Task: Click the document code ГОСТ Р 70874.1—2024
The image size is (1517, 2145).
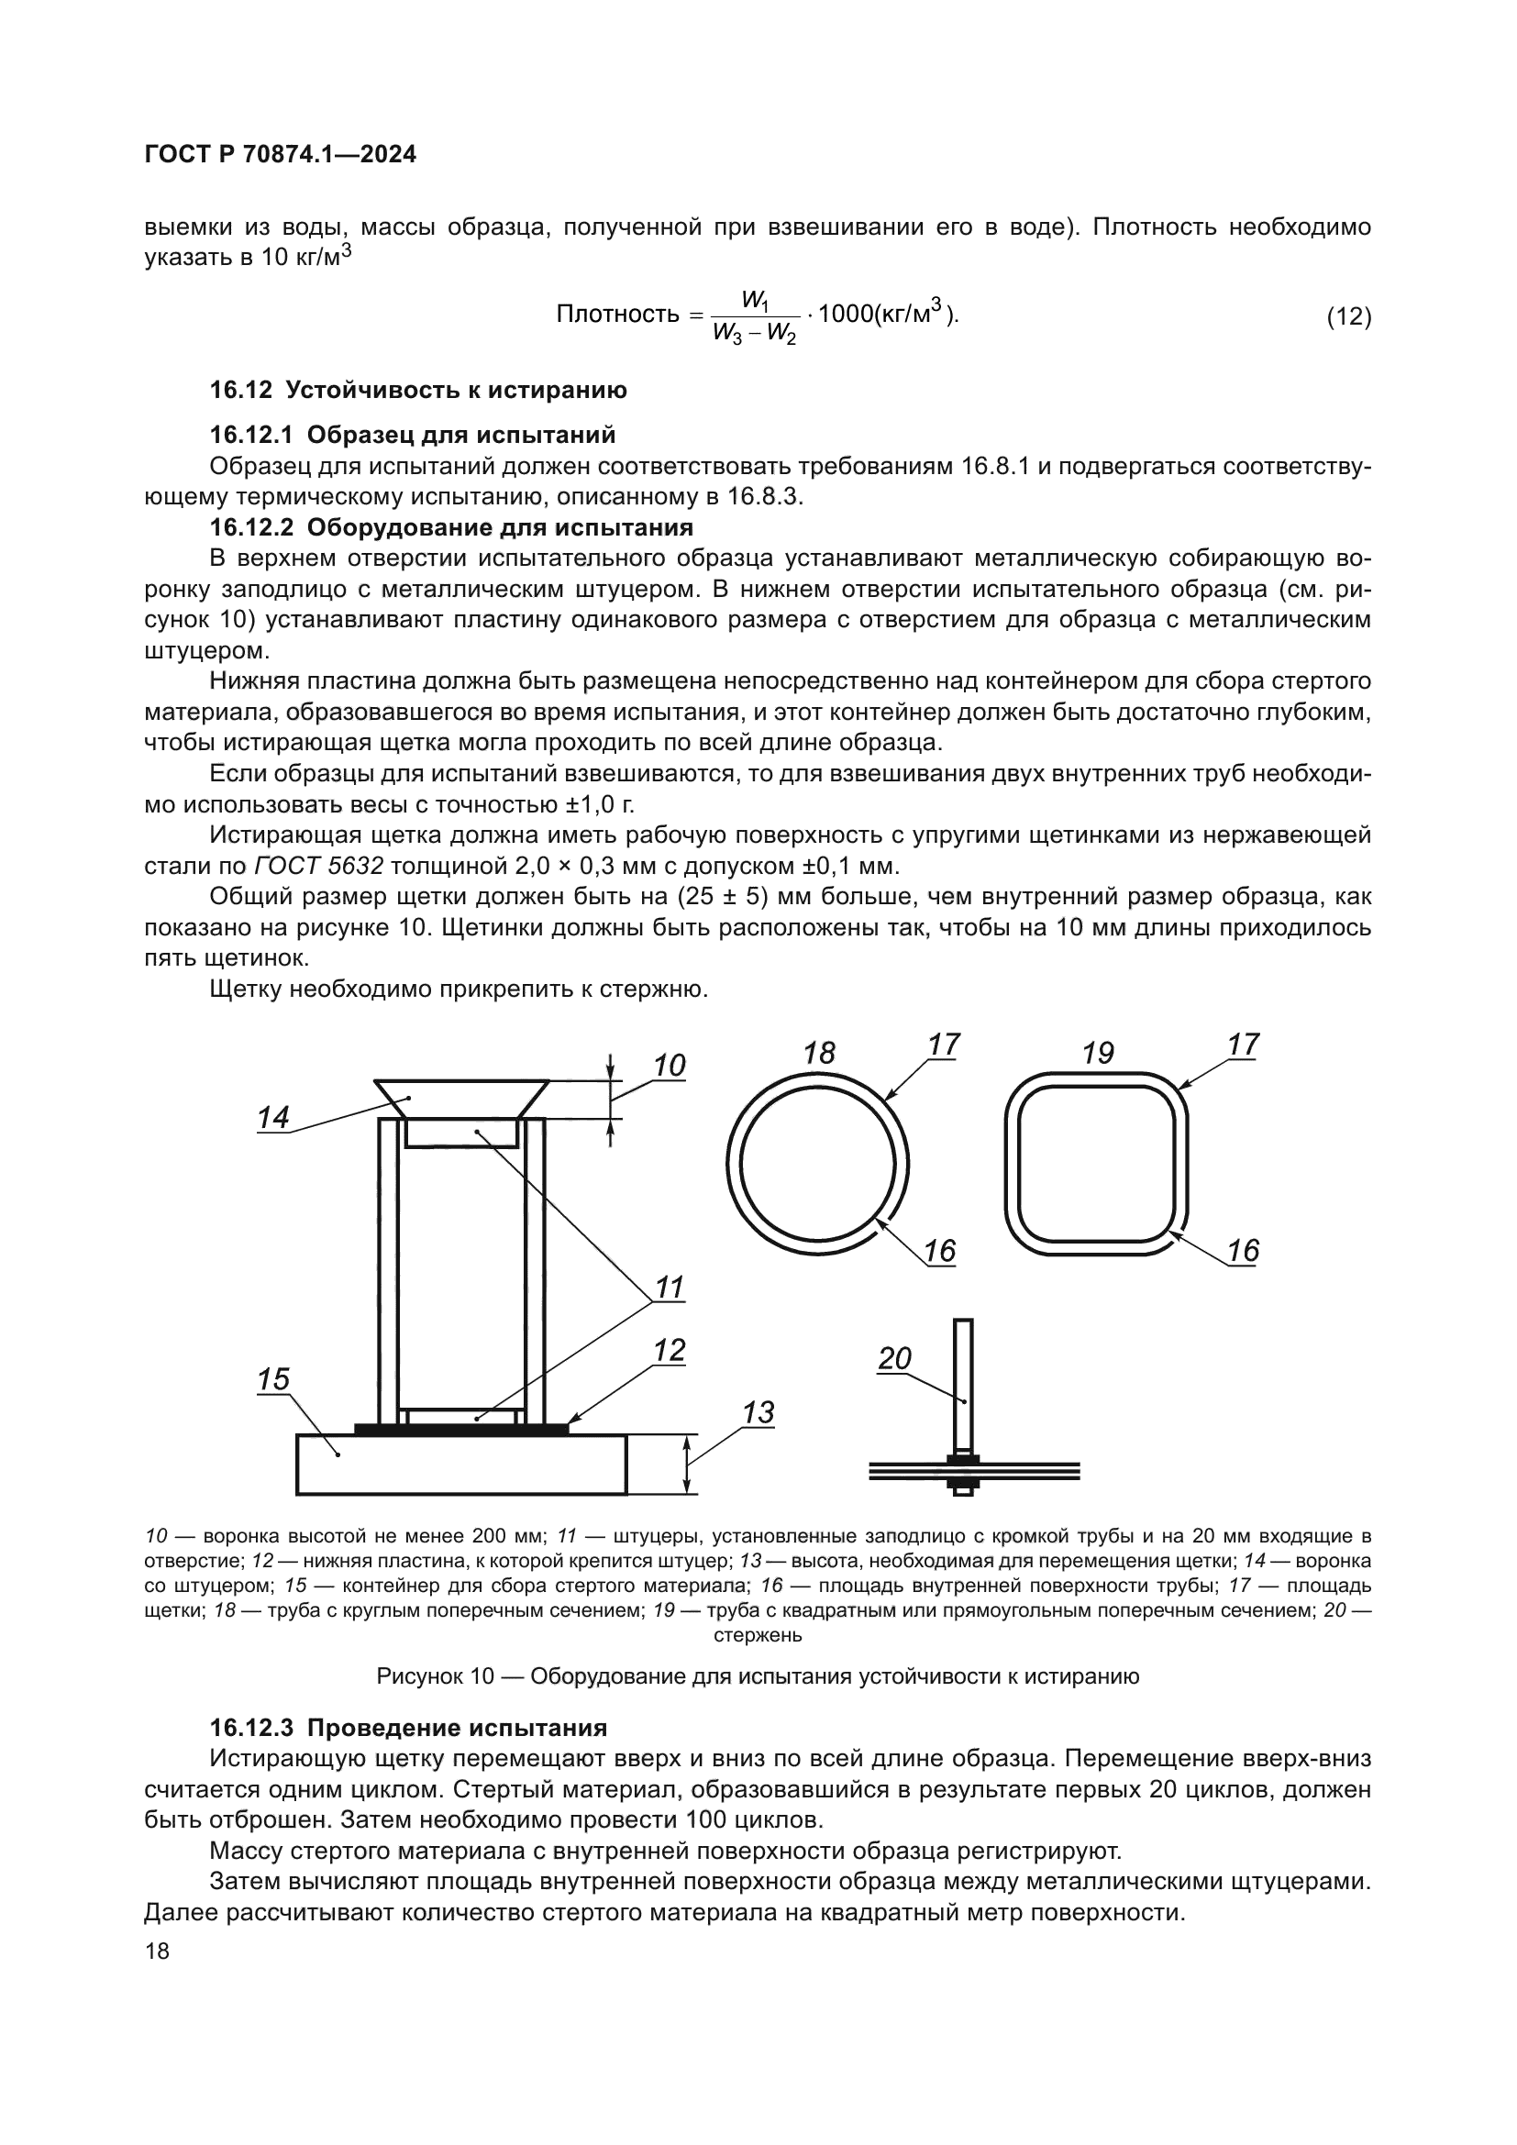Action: click(x=281, y=154)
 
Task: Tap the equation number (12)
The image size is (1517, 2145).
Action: click(x=1348, y=316)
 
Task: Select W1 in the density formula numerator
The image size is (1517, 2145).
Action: click(x=755, y=300)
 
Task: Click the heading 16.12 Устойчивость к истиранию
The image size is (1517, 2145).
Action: click(x=417, y=390)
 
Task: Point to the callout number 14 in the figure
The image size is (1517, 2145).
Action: click(x=272, y=1116)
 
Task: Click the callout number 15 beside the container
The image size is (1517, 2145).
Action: click(x=272, y=1379)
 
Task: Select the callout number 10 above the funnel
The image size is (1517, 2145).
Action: click(x=669, y=1065)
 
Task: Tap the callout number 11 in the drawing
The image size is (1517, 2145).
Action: click(x=670, y=1288)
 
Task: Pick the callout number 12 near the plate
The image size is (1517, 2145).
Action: click(x=670, y=1350)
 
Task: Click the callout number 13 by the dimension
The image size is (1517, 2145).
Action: click(x=758, y=1412)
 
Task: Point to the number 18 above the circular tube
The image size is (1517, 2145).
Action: click(x=818, y=1053)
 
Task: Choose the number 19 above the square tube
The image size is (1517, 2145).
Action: click(x=1098, y=1053)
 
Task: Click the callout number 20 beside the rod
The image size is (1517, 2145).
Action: click(x=894, y=1358)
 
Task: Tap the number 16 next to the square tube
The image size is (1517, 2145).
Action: click(x=1244, y=1250)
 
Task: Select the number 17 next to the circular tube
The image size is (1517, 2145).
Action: click(x=944, y=1045)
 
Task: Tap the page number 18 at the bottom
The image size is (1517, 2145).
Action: click(x=157, y=1951)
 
